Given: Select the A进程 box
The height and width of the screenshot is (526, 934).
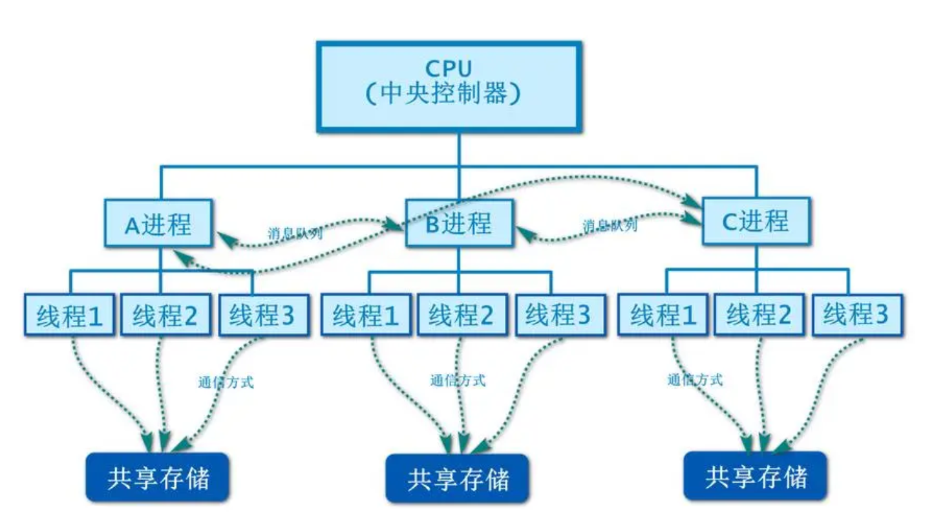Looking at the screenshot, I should click(159, 225).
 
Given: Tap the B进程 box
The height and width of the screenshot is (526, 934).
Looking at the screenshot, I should click(459, 223).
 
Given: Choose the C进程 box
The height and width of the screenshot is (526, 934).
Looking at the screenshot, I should click(755, 221).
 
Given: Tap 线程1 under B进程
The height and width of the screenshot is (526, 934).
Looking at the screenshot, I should click(366, 316).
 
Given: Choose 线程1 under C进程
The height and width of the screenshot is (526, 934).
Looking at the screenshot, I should click(664, 315).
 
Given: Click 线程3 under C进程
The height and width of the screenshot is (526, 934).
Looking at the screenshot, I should click(856, 315).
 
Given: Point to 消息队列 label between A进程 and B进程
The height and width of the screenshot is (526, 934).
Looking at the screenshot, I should click(295, 233).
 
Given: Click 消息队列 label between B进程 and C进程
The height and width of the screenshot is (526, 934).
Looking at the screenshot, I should click(610, 226).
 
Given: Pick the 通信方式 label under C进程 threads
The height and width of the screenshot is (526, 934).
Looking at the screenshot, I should click(695, 380).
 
